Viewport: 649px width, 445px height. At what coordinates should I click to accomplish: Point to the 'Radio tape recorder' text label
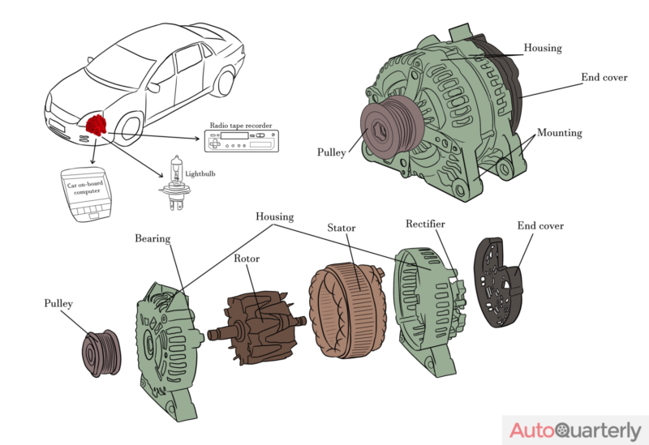pyautogui.click(x=241, y=126)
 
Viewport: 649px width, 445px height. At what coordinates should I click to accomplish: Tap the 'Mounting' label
pyautogui.click(x=559, y=132)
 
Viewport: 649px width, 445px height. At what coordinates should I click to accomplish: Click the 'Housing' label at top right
pyautogui.click(x=542, y=48)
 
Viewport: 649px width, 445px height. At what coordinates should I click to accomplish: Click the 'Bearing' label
pyautogui.click(x=153, y=238)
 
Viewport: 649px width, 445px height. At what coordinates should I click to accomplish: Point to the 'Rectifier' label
pyautogui.click(x=425, y=224)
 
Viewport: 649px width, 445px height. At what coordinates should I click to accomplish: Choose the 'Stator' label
pyautogui.click(x=341, y=228)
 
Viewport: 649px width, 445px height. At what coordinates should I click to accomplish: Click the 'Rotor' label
pyautogui.click(x=247, y=259)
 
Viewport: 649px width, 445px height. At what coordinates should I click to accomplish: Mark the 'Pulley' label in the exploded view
pyautogui.click(x=58, y=303)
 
